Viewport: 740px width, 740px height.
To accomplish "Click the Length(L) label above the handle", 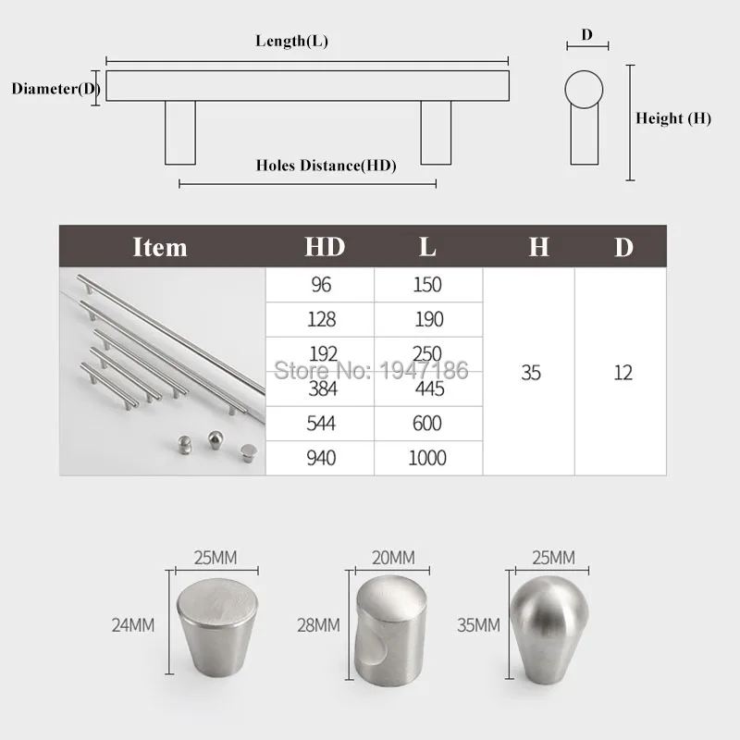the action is (291, 41).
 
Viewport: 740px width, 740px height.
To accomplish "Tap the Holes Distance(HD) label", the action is (327, 166).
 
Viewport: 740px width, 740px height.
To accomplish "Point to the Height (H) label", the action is (673, 118).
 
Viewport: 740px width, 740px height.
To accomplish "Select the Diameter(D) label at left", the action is (55, 89).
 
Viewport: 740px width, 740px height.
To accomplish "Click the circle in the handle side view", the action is (584, 90).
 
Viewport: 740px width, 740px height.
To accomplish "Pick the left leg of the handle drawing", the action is (180, 132).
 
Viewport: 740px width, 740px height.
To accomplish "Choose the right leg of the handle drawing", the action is (436, 132).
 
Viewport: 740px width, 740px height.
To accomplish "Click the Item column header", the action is (160, 247).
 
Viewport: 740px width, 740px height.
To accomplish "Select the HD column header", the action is (325, 247).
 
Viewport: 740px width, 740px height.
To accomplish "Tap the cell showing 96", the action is (321, 285).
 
